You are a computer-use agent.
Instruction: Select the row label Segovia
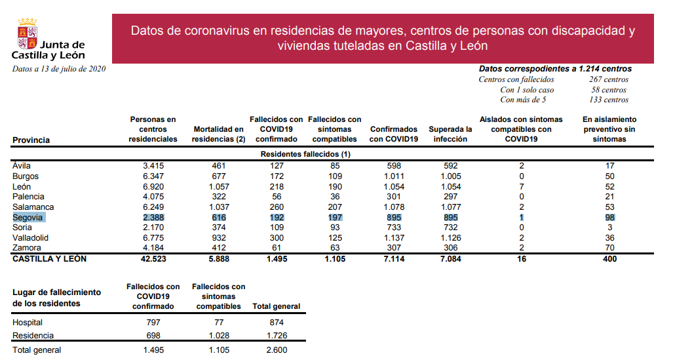pyautogui.click(x=28, y=217)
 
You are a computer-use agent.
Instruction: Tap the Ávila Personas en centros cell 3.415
pyautogui.click(x=153, y=166)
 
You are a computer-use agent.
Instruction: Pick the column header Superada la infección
pyautogui.click(x=450, y=134)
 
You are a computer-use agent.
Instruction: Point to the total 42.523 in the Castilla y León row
pyautogui.click(x=153, y=259)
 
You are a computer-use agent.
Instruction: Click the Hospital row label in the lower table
pyautogui.click(x=28, y=323)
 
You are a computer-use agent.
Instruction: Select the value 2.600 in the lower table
pyautogui.click(x=276, y=350)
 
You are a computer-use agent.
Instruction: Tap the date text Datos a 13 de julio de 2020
pyautogui.click(x=59, y=69)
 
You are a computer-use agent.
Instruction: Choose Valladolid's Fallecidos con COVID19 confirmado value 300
pyautogui.click(x=276, y=237)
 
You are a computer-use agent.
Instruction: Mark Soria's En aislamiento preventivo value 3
pyautogui.click(x=609, y=228)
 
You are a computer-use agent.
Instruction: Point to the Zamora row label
pyautogui.click(x=27, y=248)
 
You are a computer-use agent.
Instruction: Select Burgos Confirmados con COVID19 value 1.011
pyautogui.click(x=394, y=176)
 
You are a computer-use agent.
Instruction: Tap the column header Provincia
pyautogui.click(x=31, y=140)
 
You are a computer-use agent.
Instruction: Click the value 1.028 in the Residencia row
pyautogui.click(x=218, y=336)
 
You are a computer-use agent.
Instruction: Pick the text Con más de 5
pyautogui.click(x=523, y=100)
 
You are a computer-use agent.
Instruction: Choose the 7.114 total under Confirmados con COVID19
pyautogui.click(x=394, y=259)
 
